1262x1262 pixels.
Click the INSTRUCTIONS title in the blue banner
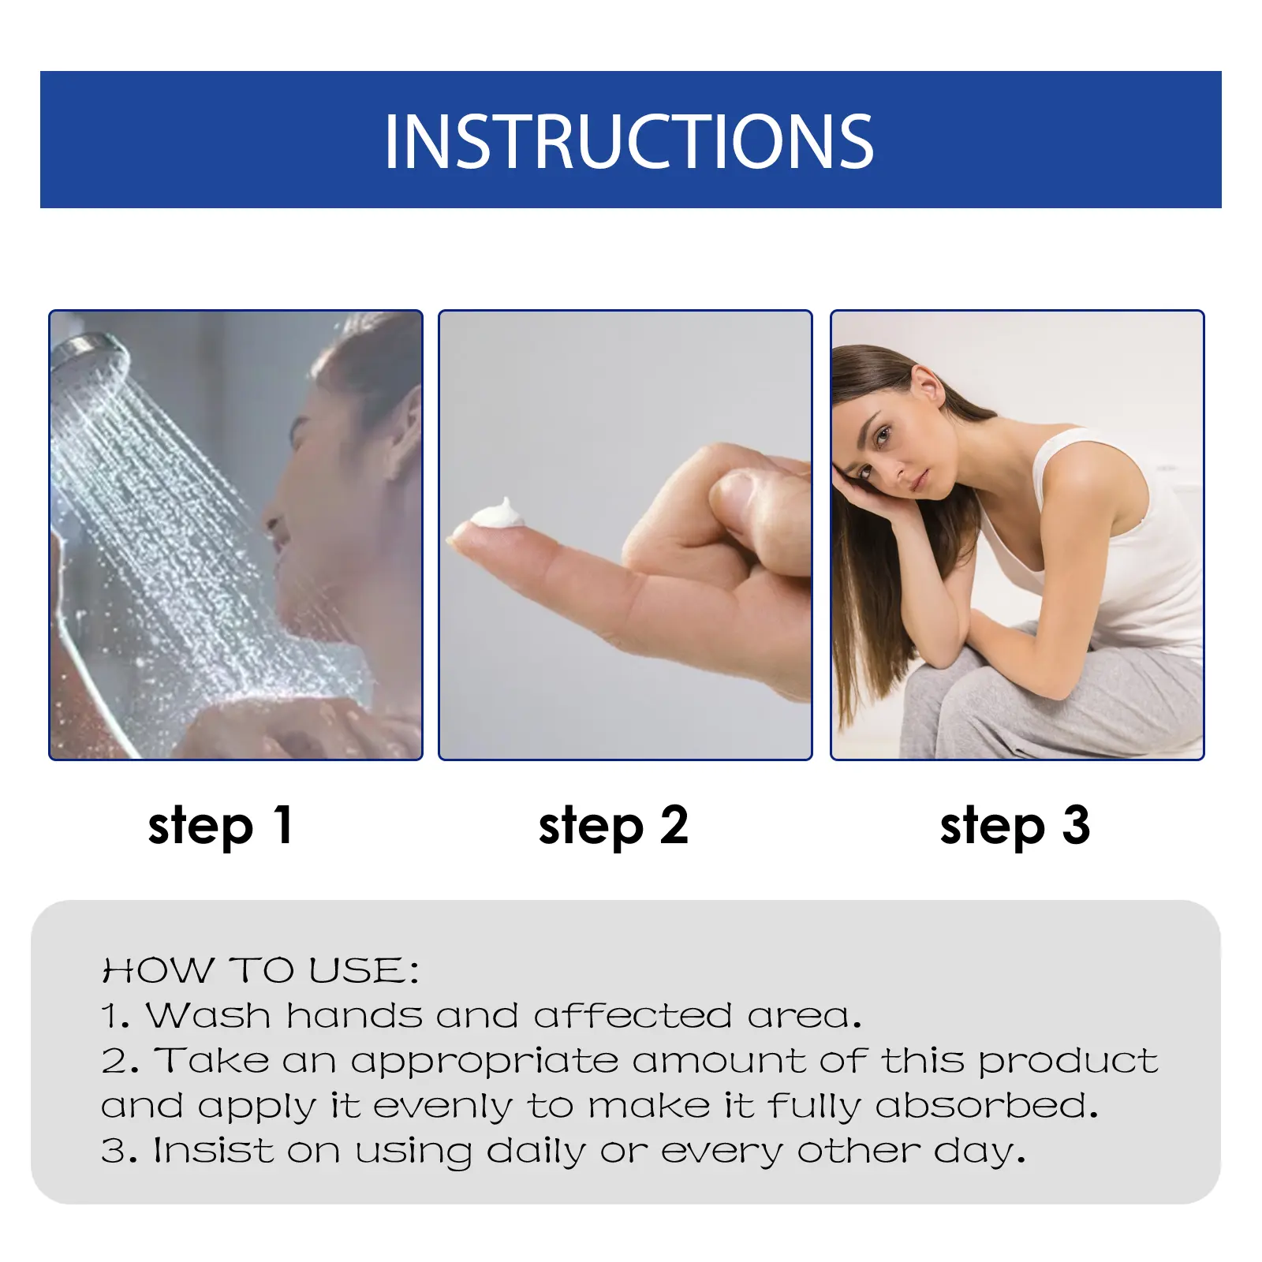(x=629, y=142)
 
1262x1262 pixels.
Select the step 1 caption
(x=221, y=827)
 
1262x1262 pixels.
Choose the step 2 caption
(x=614, y=827)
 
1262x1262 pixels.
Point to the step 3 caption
(x=1015, y=827)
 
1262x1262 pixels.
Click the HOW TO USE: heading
(x=260, y=970)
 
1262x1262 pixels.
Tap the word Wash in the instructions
(x=208, y=1015)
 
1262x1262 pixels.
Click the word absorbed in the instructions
(x=987, y=1106)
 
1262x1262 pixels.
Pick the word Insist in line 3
(x=214, y=1151)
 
